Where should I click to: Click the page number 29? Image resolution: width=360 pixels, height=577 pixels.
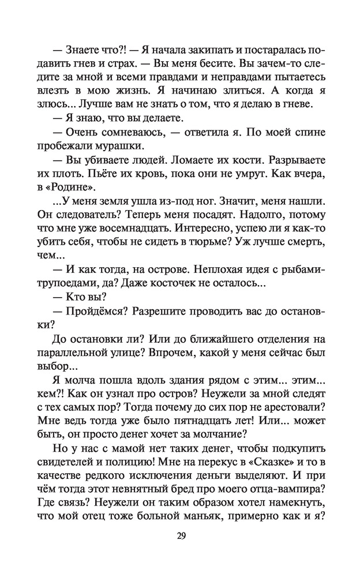coord(180,537)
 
